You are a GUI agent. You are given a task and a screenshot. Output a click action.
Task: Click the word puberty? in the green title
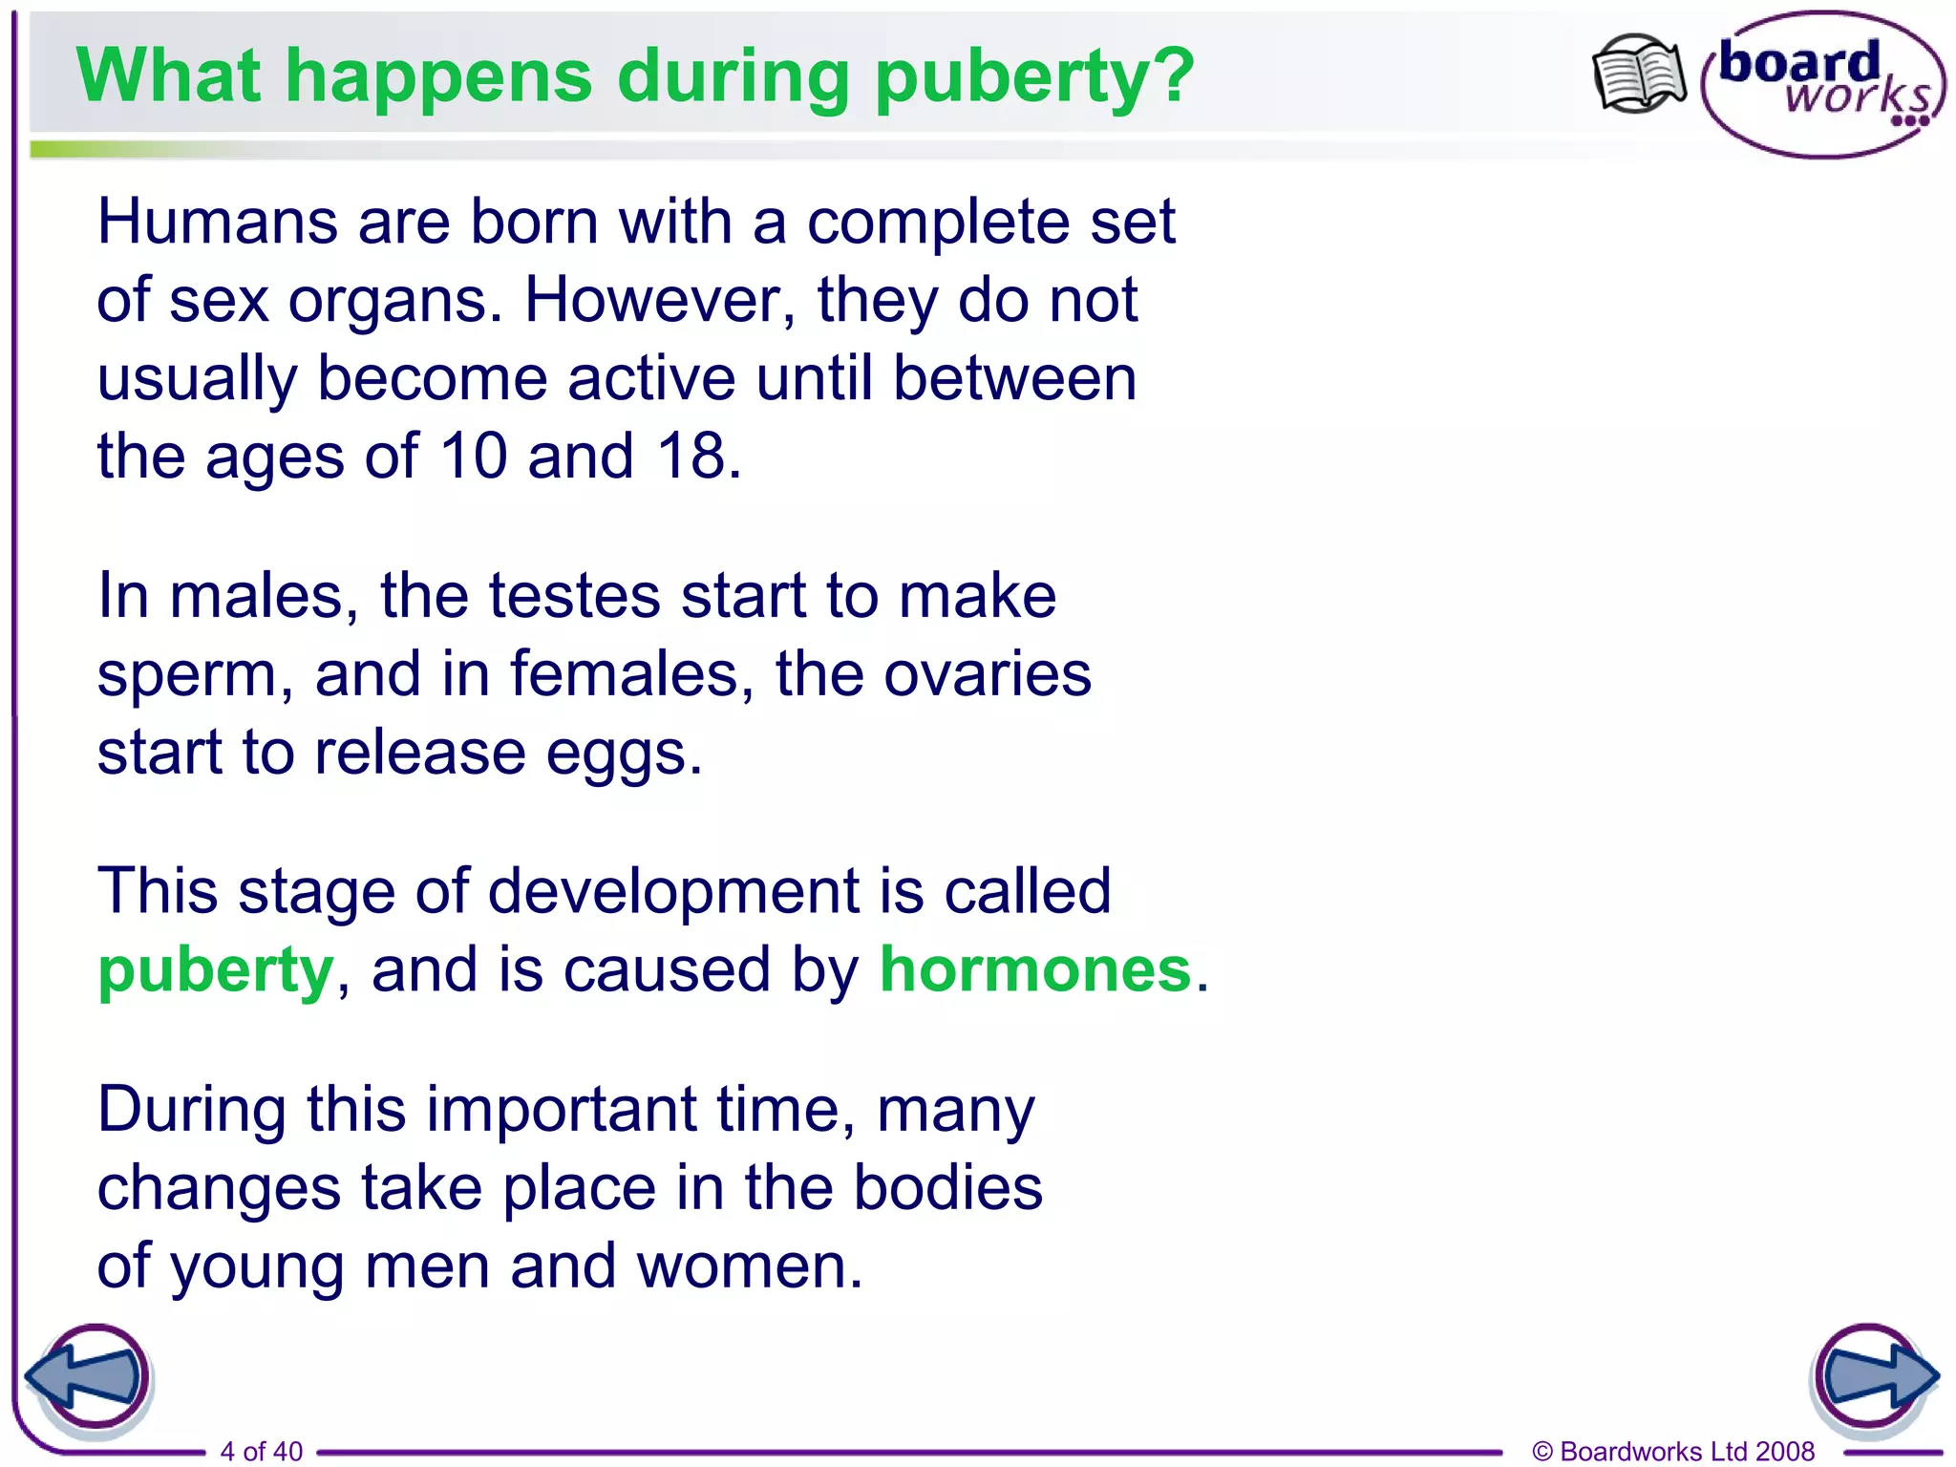(1034, 78)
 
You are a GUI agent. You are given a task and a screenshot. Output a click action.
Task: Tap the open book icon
(1639, 74)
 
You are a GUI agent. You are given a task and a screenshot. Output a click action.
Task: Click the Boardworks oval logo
(1822, 84)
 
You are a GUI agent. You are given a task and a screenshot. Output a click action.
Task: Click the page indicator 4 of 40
(261, 1451)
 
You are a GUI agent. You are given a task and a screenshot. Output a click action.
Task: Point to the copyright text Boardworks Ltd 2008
(1673, 1451)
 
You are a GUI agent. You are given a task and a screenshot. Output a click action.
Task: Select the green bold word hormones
(1035, 969)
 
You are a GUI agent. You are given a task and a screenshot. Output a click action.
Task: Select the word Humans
(218, 223)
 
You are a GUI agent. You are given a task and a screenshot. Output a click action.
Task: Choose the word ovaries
(987, 674)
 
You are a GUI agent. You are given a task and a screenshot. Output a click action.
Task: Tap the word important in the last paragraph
(561, 1112)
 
